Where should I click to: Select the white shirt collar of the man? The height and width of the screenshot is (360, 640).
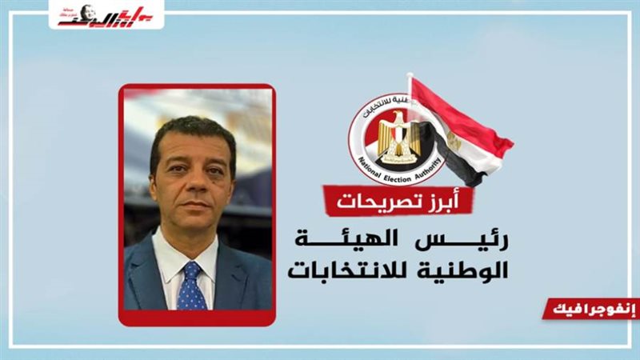[172, 256]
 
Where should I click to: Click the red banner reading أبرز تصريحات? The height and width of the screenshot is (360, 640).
[397, 200]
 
